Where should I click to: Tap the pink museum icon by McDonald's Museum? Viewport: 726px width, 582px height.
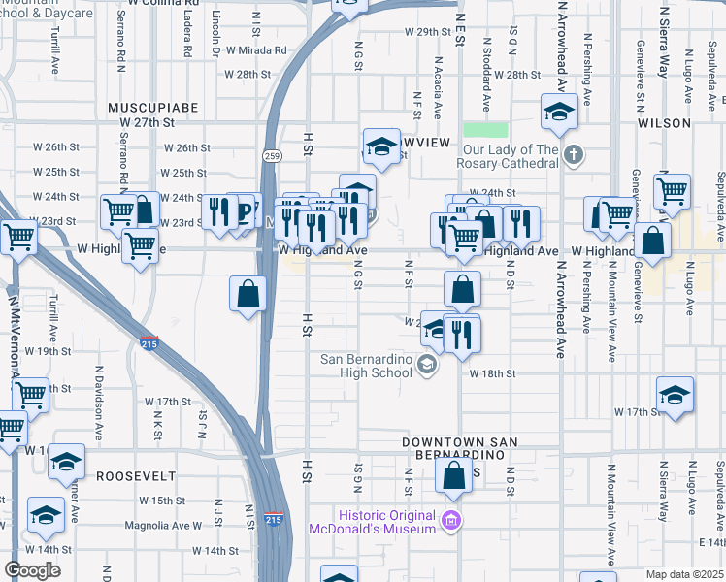click(449, 521)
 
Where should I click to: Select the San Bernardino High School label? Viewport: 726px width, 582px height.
click(366, 366)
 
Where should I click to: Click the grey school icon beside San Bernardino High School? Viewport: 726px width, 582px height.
click(425, 365)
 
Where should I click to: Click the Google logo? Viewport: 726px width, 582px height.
click(32, 570)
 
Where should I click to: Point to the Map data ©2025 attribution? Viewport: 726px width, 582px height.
click(683, 574)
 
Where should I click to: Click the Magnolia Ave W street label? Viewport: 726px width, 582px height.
click(163, 526)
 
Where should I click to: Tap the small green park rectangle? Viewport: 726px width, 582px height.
click(485, 130)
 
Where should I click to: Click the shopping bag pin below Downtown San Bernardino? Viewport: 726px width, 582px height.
click(454, 476)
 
